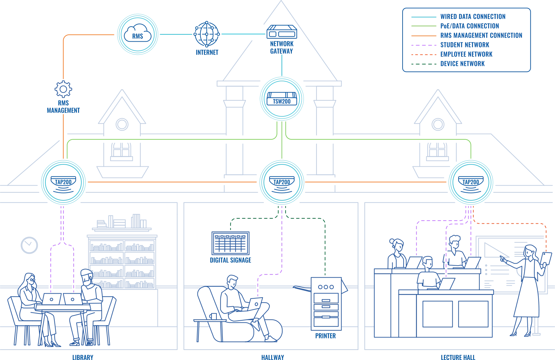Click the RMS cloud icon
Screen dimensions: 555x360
tap(137, 34)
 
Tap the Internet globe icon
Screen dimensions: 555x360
tap(207, 34)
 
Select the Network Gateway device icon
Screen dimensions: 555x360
tap(282, 32)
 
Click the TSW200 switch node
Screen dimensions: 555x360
tap(282, 99)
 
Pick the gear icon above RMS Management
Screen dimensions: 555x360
tap(63, 89)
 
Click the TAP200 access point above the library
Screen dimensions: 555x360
tap(63, 182)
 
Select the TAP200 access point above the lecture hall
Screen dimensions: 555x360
tap(471, 182)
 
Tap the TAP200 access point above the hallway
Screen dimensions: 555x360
tap(282, 182)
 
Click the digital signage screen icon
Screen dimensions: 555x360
tap(230, 243)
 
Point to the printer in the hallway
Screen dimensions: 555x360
tap(326, 304)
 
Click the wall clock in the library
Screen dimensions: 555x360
tap(29, 245)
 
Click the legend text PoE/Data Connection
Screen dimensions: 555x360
tap(470, 26)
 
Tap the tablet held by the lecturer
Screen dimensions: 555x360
tap(546, 259)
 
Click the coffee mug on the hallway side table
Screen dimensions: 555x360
tap(213, 316)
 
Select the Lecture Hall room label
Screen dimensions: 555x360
tap(458, 357)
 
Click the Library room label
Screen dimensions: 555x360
tap(83, 357)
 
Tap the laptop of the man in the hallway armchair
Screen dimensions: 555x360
tap(255, 304)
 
